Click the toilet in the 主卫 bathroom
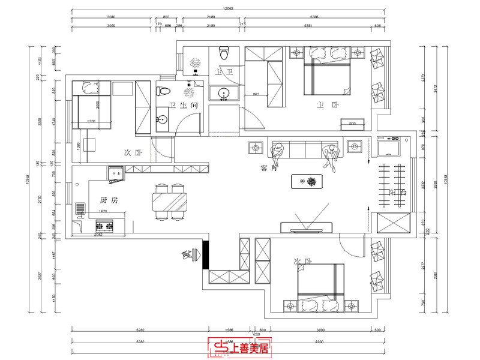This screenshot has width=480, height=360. pos(224,53)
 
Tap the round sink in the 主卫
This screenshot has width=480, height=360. pos(224,93)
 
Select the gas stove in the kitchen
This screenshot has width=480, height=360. pos(106,226)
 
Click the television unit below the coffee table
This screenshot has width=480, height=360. pos(307,227)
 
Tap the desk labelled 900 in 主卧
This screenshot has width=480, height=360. pos(352,125)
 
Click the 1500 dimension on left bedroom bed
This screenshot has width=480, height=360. pos(91,122)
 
